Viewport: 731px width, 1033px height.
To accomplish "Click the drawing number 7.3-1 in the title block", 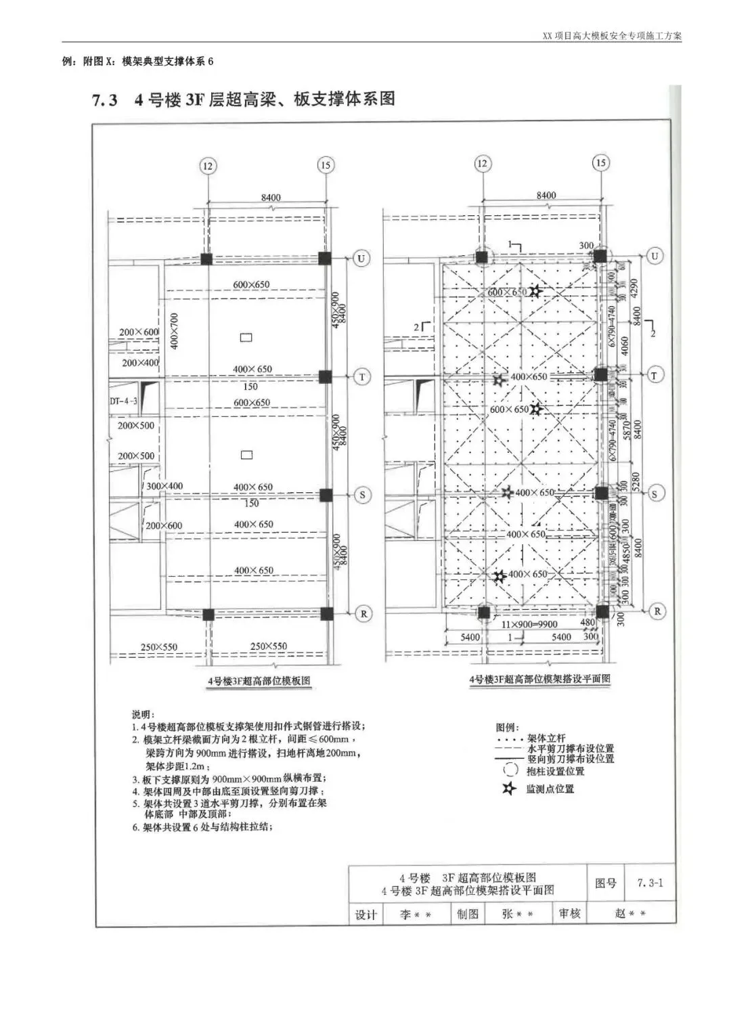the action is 650,883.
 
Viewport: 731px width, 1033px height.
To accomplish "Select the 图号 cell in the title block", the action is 605,883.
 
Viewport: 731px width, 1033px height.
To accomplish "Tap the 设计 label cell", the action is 365,915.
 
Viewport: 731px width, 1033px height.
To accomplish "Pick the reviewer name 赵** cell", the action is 630,913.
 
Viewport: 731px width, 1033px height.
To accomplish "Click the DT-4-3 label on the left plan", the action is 123,401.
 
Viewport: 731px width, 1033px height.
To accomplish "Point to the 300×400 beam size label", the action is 164,486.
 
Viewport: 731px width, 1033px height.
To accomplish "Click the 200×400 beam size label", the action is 140,363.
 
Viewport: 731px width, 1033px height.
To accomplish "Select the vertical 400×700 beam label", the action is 173,331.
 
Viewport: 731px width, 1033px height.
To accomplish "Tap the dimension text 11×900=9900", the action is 529,624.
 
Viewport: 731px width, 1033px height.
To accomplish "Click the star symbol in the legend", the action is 510,789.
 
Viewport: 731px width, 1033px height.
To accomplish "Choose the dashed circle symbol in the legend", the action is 511,770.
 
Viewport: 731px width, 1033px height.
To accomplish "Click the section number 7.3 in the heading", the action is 104,100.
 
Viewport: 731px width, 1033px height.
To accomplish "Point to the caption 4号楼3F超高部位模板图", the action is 259,680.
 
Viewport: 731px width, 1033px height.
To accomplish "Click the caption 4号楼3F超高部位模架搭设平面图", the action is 539,678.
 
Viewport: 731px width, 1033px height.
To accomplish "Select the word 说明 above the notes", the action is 143,714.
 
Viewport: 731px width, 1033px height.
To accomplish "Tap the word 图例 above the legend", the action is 507,727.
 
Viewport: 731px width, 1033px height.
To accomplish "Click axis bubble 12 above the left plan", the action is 207,165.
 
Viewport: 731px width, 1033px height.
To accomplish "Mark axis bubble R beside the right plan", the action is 656,611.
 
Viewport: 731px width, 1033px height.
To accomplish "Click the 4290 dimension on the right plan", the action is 634,289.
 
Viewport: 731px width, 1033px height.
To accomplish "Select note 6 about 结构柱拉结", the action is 203,827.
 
